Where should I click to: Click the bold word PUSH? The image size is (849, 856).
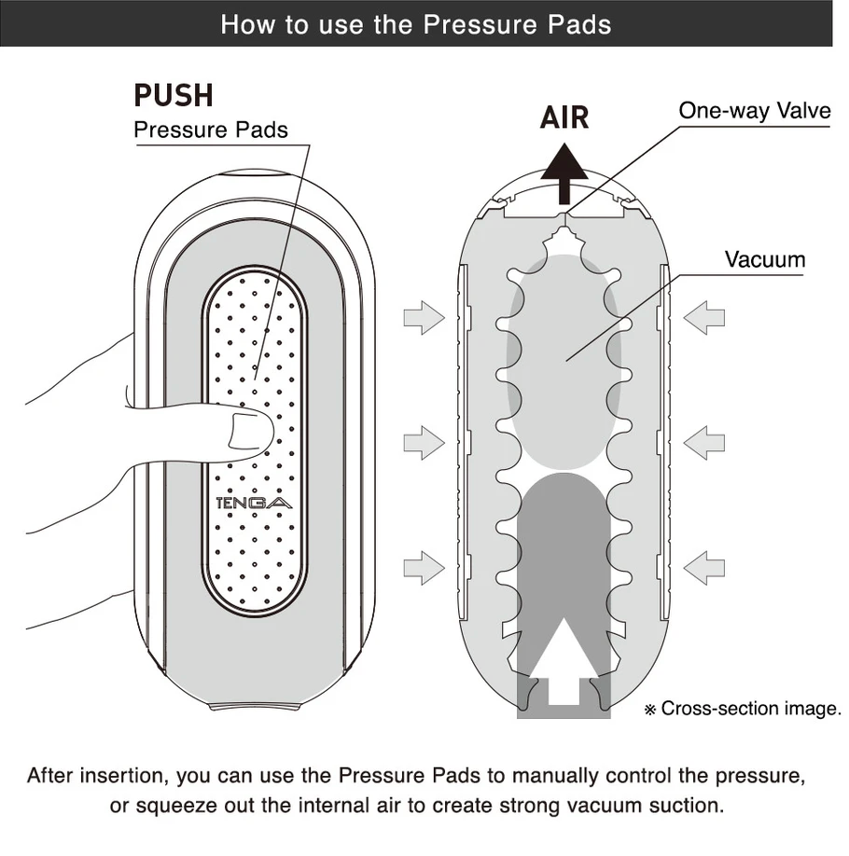(174, 95)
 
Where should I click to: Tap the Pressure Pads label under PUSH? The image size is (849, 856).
(211, 129)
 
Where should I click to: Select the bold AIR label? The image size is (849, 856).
(564, 118)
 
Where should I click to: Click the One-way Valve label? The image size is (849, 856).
(754, 111)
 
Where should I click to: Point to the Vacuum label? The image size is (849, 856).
(764, 258)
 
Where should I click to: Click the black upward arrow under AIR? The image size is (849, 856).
(564, 177)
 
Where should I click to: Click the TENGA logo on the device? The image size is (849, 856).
(253, 503)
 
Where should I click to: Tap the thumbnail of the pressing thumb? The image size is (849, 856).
(249, 431)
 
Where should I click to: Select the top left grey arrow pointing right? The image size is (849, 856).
(424, 318)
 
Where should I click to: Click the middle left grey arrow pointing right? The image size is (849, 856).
(424, 442)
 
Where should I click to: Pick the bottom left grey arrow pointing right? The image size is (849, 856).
(424, 567)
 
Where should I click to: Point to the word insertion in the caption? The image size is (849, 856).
(117, 775)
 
